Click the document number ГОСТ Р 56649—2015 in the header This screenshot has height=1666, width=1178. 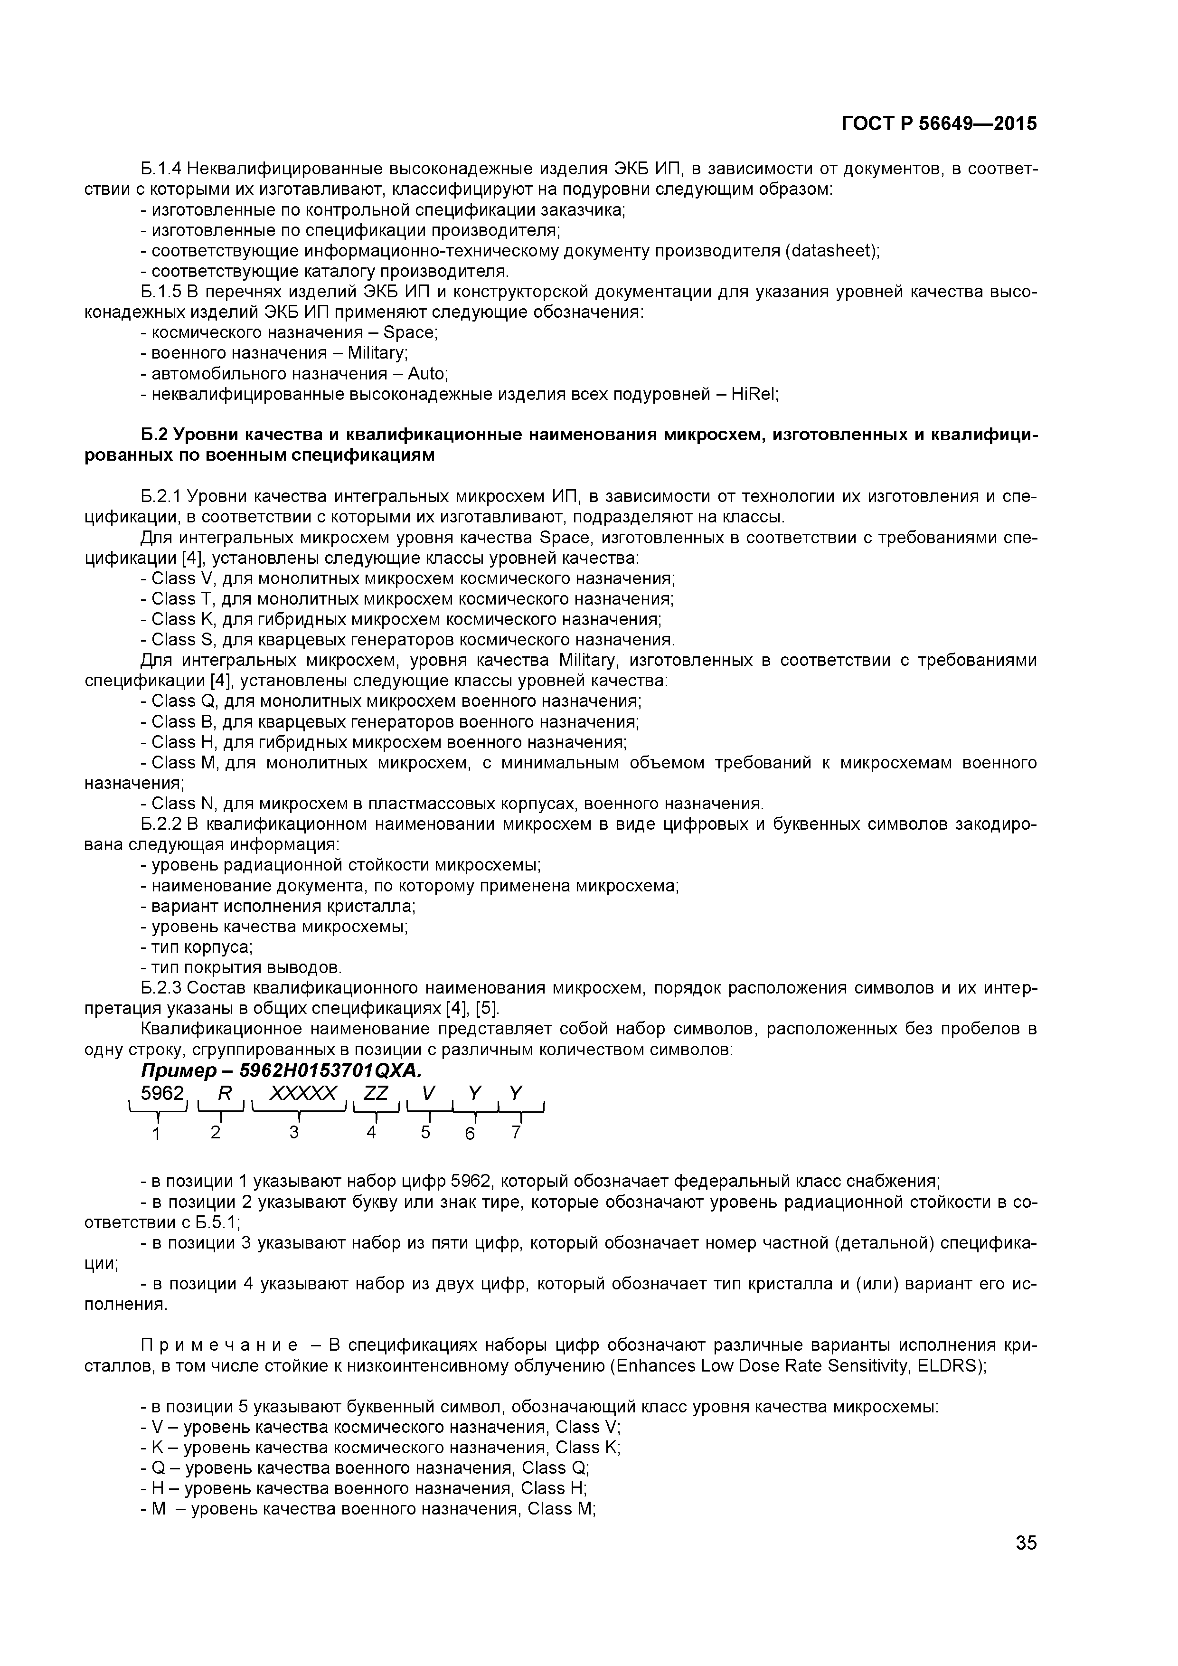(939, 124)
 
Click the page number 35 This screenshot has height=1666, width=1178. (1026, 1563)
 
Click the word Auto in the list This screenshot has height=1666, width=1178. (426, 374)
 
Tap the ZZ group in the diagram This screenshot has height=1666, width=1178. (376, 1093)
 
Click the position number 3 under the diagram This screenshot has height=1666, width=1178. (294, 1132)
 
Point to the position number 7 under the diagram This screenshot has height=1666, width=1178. (516, 1132)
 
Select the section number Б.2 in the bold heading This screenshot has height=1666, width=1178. (154, 435)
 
